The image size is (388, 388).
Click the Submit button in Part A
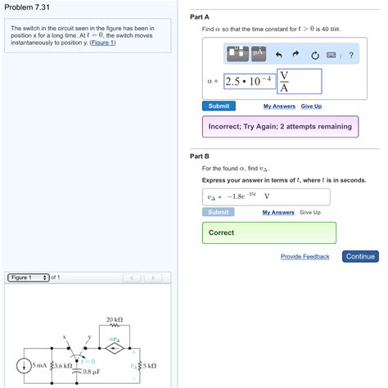(219, 106)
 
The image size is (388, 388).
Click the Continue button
(360, 256)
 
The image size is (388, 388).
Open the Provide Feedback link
(305, 257)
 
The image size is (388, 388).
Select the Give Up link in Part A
(311, 106)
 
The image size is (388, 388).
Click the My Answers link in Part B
(277, 213)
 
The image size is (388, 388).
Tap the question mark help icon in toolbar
(350, 56)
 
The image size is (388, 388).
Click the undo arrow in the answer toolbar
(278, 56)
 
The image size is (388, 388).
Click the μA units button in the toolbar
(259, 54)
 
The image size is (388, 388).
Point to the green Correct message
(268, 232)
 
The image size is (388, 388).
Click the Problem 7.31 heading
(29, 7)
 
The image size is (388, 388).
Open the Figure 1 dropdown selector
(29, 277)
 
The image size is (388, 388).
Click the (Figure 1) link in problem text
(102, 43)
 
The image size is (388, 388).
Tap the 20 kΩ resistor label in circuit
(114, 319)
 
